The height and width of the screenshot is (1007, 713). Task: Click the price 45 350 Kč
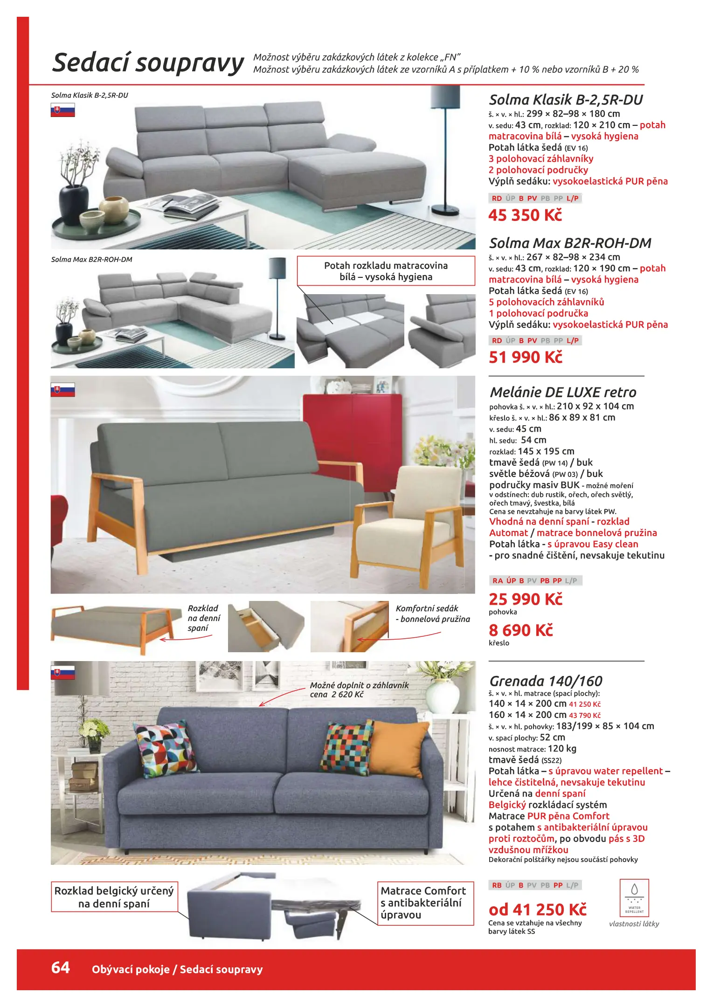525,215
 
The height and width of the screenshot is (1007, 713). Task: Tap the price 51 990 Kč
526,358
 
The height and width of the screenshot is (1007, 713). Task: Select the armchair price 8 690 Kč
520,630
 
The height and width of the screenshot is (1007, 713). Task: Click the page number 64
61,968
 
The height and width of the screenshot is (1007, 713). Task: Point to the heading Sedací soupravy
148,63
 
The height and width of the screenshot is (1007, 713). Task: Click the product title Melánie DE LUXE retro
563,392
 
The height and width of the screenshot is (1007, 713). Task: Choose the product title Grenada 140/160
546,681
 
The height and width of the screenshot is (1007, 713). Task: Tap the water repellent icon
634,897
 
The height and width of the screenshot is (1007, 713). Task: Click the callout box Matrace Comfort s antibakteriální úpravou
425,903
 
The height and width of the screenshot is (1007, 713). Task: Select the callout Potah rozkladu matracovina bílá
386,271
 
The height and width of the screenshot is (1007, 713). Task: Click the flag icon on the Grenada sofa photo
62,673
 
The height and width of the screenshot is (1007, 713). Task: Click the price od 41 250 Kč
537,910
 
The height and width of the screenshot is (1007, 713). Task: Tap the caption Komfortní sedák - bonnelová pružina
432,614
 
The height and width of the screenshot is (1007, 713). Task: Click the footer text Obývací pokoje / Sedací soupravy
177,970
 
